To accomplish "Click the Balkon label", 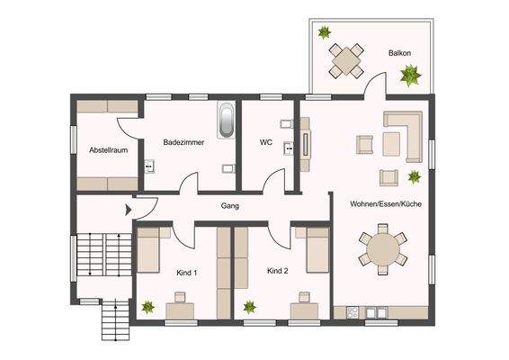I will click(400, 53).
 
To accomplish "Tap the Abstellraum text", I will click(107, 150).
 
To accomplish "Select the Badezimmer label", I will click(183, 142).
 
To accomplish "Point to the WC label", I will click(266, 142).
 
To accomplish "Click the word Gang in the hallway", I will click(229, 206).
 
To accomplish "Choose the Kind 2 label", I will click(277, 270).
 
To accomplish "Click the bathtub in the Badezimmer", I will click(227, 121).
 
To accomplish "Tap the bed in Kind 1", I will click(148, 250).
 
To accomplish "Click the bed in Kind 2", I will click(317, 250).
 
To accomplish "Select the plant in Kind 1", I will click(147, 307).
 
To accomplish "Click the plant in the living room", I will click(415, 176).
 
